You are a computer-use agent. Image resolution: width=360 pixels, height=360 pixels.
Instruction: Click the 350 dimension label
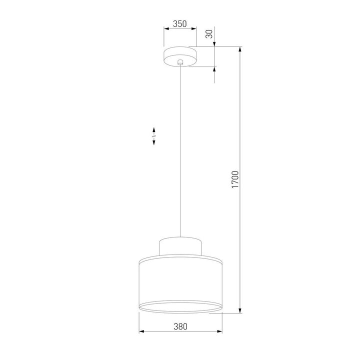pos(179,23)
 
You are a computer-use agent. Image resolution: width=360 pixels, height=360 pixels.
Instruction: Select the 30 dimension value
pos(209,34)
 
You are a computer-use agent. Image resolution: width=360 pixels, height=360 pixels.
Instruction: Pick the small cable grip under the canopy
pos(180,62)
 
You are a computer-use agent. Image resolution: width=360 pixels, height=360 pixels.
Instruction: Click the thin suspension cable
pos(180,150)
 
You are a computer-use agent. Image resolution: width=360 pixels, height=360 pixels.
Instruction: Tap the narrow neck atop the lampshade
pos(180,244)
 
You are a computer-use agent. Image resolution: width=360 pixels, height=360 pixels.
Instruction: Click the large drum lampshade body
pos(180,282)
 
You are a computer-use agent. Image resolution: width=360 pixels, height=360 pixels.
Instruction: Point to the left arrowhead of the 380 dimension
pos(141,331)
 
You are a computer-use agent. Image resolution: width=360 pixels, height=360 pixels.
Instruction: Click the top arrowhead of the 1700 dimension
pos(241,50)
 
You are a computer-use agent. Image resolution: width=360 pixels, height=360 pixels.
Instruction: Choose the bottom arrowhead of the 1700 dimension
pos(241,311)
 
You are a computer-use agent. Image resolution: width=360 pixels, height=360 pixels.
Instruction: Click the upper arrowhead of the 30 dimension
pos(215,44)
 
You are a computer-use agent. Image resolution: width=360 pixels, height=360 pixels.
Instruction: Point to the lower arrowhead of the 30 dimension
pos(215,70)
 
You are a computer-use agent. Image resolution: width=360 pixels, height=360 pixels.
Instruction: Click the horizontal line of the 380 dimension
pos(160,331)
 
